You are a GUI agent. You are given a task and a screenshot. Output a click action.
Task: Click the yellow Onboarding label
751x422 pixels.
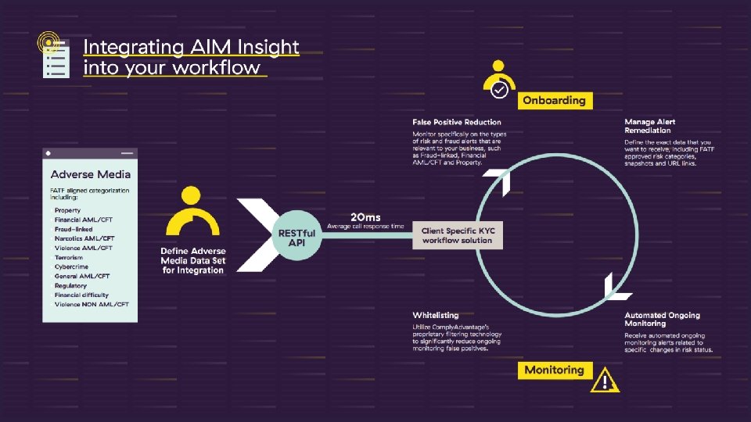coord(554,100)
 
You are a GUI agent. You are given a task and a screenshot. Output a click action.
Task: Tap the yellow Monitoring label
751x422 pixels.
coord(554,370)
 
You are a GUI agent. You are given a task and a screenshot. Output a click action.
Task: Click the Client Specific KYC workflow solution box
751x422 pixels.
coord(457,235)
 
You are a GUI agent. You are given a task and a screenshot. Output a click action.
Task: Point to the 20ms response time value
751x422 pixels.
coord(366,216)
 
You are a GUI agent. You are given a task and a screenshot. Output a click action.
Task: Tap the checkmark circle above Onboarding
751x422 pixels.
coord(499,91)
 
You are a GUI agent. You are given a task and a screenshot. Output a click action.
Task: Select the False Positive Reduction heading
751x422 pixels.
coord(457,122)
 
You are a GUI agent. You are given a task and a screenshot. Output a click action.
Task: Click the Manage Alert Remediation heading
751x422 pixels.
coord(650,126)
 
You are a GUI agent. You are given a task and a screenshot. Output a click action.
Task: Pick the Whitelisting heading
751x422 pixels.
coord(436,315)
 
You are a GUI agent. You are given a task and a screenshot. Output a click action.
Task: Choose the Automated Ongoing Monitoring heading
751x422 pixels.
coord(662,319)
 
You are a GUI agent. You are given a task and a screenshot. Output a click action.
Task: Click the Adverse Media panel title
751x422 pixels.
coord(91,174)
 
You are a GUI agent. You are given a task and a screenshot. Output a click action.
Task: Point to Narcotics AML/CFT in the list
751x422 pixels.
coord(84,238)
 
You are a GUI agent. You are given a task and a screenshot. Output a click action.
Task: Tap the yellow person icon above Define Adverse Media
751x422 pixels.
coord(190,212)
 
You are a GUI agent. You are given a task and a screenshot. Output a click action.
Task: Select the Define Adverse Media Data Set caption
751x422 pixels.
coord(192,260)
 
